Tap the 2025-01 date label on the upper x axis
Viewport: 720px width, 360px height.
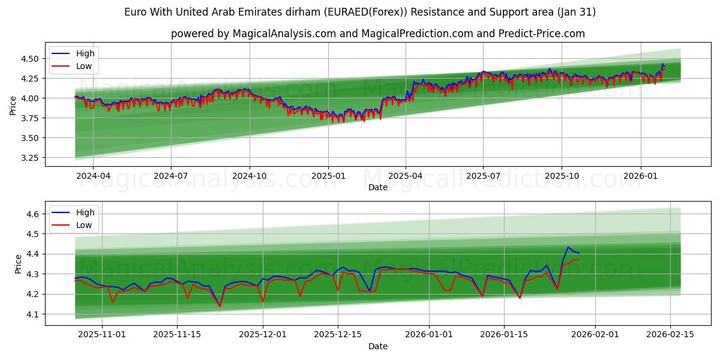pyautogui.click(x=328, y=176)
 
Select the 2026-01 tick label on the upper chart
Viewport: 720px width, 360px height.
pyautogui.click(x=641, y=176)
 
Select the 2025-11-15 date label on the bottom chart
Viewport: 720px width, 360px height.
pyautogui.click(x=177, y=335)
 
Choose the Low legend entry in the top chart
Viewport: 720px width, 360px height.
pyautogui.click(x=84, y=67)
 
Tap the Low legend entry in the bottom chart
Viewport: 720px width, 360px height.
pyautogui.click(x=84, y=225)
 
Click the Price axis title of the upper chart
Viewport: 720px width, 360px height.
pyautogui.click(x=13, y=106)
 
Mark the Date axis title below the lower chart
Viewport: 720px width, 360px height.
pyautogui.click(x=378, y=346)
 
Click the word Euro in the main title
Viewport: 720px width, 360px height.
pyautogui.click(x=134, y=12)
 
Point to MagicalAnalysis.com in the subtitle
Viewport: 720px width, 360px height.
pyautogui.click(x=285, y=34)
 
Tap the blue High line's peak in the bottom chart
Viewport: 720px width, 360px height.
pyautogui.click(x=568, y=247)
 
